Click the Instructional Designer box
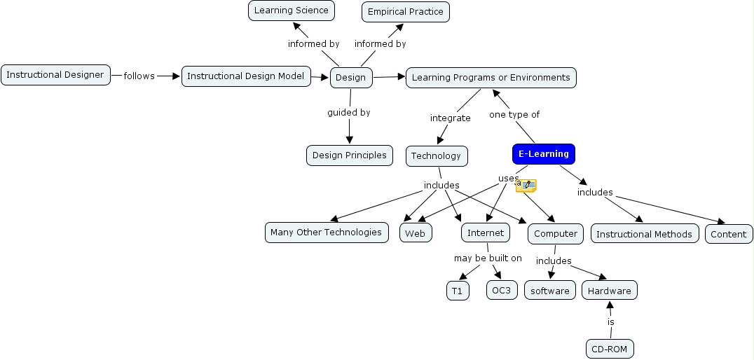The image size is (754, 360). click(55, 75)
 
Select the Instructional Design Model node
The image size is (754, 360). click(246, 76)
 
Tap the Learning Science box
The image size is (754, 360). click(291, 11)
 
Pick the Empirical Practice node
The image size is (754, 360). click(405, 12)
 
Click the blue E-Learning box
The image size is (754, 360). click(543, 154)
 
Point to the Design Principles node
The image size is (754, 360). click(349, 155)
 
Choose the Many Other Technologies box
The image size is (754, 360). click(326, 233)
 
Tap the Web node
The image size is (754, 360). click(416, 234)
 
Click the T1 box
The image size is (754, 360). click(458, 291)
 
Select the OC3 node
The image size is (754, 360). click(501, 290)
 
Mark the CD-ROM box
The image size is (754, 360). click(610, 348)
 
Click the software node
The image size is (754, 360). click(549, 291)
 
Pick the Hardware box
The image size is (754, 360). click(609, 291)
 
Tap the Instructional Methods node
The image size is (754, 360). click(644, 235)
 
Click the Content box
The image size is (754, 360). click(729, 235)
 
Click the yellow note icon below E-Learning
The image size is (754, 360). click(526, 186)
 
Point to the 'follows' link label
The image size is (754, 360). click(139, 76)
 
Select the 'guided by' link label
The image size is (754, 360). click(348, 112)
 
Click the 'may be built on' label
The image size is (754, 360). click(488, 258)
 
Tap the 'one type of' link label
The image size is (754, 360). click(514, 114)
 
